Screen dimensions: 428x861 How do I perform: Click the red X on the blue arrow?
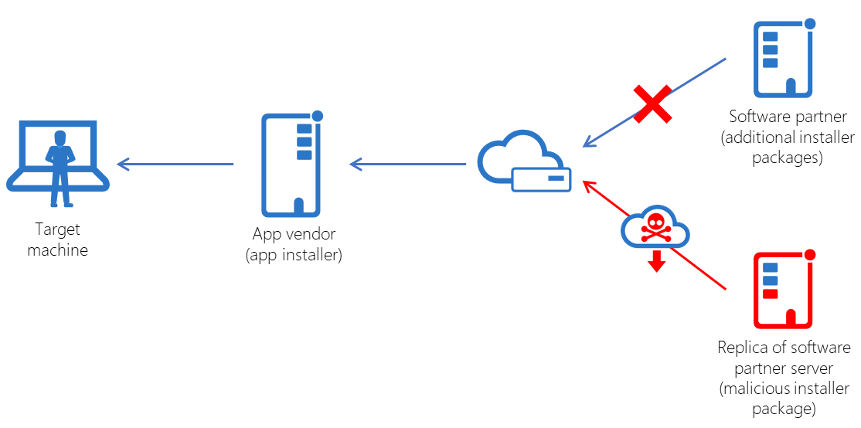652,105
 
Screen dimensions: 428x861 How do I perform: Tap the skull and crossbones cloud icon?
655,226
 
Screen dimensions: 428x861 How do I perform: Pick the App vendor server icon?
292,165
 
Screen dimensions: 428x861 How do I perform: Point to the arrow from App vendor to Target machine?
175,164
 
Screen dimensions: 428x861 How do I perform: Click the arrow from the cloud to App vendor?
407,164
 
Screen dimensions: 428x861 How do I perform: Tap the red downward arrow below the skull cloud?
656,263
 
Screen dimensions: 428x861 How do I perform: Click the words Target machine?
58,239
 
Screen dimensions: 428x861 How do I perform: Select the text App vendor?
294,234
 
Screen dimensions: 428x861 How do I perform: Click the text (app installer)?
294,255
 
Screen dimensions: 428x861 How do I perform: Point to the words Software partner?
788,117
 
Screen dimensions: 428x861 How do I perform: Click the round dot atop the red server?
810,255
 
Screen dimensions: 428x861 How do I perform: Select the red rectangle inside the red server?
770,294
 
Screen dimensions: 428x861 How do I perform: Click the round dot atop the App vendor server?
317,116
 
